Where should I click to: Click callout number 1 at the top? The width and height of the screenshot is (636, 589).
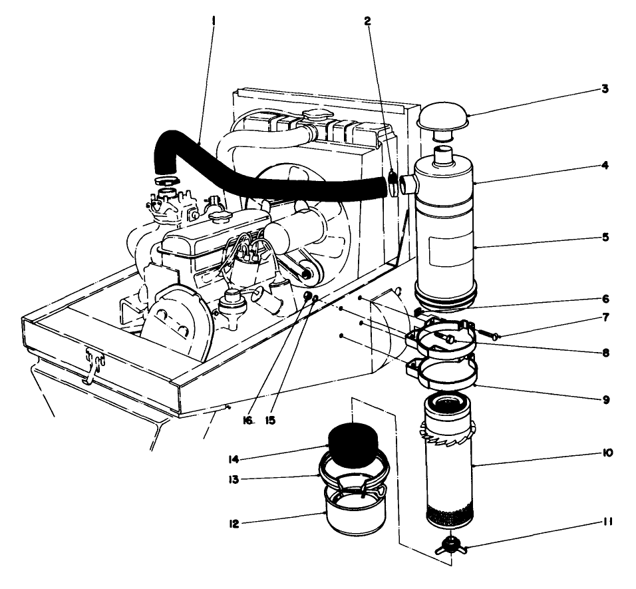213,21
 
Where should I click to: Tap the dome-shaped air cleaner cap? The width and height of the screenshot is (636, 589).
442,117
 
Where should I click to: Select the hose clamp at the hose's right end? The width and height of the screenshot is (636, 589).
394,182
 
